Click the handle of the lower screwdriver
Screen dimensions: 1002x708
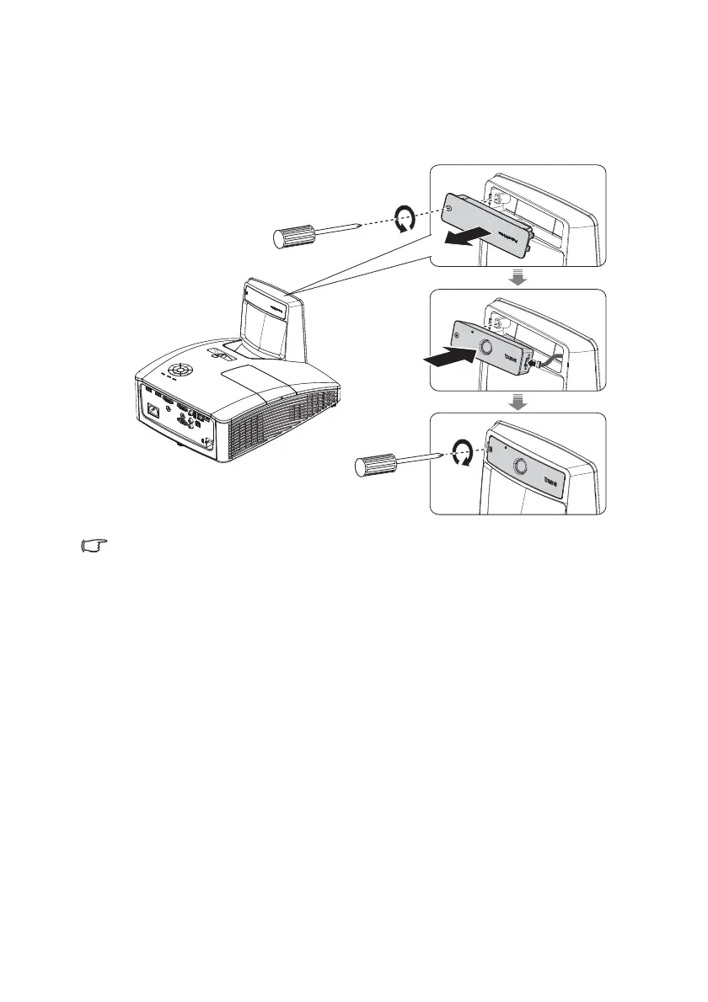[372, 466]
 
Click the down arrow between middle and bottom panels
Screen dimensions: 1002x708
[518, 403]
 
